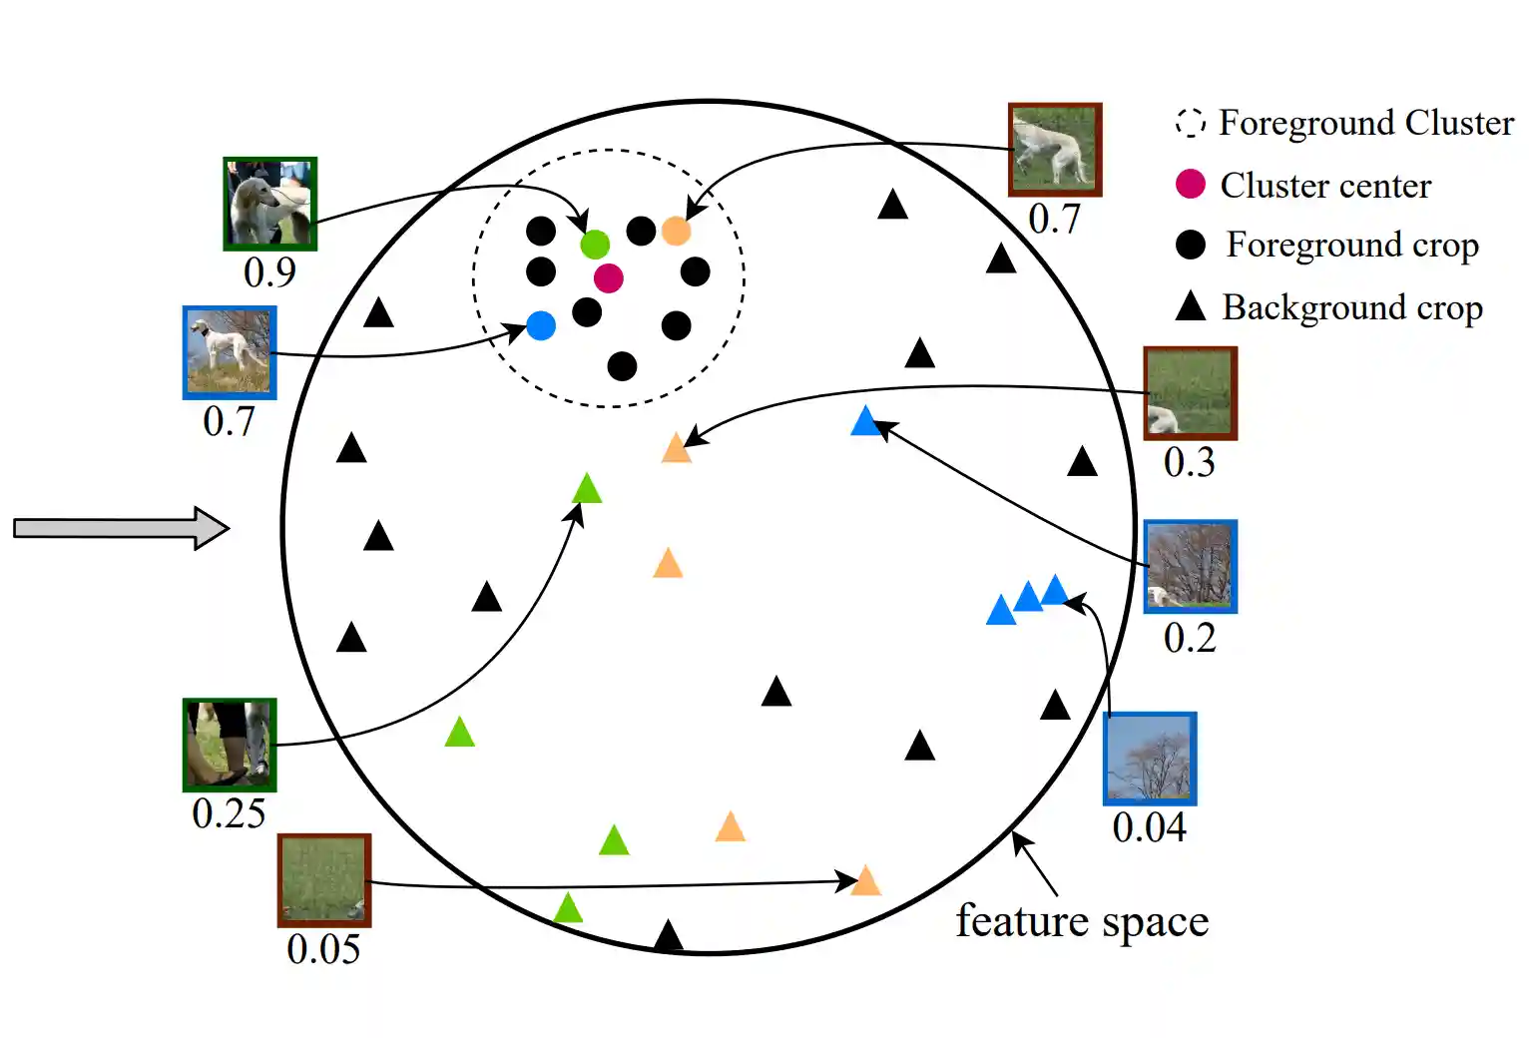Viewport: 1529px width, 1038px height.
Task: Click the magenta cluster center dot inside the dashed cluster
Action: click(608, 277)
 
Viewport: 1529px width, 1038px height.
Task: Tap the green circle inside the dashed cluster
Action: click(595, 244)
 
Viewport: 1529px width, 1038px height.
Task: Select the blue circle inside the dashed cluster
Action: click(540, 325)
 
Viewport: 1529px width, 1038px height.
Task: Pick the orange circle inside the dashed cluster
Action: click(676, 231)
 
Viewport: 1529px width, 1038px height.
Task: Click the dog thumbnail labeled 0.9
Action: click(269, 204)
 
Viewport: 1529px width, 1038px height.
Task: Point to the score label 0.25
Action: click(229, 814)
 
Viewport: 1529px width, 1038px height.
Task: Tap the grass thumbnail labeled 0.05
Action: click(324, 879)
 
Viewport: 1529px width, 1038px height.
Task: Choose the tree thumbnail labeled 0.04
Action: click(1150, 759)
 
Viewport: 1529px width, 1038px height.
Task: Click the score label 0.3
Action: click(1189, 462)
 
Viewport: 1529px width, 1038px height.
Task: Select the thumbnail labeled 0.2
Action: click(1190, 566)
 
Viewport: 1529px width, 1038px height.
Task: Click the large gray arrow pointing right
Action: click(121, 528)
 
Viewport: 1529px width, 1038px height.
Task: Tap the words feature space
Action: click(1082, 921)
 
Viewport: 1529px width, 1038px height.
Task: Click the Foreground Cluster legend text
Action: click(1365, 123)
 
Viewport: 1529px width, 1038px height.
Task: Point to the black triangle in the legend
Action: click(1190, 306)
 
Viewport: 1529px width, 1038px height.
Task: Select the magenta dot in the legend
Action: click(1190, 184)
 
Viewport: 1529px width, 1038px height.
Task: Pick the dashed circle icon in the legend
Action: click(1190, 123)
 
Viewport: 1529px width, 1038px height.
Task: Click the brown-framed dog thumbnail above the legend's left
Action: click(1055, 150)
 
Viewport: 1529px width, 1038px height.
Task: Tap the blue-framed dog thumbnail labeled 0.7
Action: click(230, 352)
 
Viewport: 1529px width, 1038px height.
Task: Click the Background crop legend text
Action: click(1352, 307)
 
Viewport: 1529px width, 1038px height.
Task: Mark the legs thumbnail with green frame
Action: click(230, 745)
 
